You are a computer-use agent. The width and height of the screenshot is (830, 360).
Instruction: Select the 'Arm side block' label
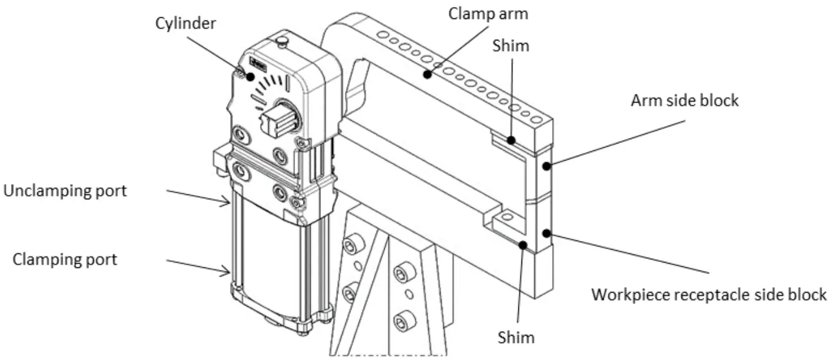(x=685, y=100)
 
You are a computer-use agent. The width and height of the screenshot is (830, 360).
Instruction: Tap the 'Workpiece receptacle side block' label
(x=709, y=295)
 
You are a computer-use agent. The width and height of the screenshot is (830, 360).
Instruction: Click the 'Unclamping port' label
(x=65, y=191)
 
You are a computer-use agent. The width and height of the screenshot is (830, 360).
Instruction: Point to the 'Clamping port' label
(x=65, y=259)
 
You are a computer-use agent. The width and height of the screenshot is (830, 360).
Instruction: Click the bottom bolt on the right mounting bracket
(x=402, y=320)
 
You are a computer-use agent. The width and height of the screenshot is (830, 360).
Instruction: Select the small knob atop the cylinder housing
(x=282, y=42)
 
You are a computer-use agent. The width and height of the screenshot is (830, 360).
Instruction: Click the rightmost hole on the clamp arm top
(x=537, y=118)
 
